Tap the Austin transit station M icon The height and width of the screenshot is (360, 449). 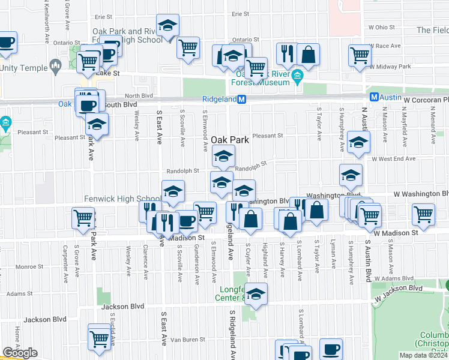coord(374,97)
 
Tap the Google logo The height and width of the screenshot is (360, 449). coord(20,353)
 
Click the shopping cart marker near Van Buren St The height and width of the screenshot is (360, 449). coord(99,336)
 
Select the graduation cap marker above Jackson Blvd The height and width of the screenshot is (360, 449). coord(256,295)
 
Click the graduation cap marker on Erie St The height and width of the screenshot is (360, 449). coord(168,26)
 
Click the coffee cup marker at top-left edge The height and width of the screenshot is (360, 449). coord(6,43)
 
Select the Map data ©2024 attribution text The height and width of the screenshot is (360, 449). coord(423,355)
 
